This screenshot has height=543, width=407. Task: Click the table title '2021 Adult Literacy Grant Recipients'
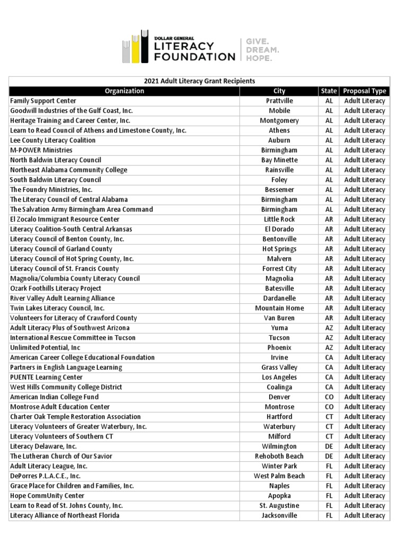coord(199,81)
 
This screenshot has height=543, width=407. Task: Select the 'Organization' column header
coord(125,91)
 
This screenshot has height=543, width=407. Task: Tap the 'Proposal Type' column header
coord(365,91)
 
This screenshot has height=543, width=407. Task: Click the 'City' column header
coord(279,91)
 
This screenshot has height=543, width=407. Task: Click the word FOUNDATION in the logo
coord(194,56)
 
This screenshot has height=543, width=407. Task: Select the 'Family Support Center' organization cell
coord(43,101)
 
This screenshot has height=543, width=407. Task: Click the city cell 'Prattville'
coord(279,101)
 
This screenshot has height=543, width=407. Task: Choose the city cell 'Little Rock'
coord(279,219)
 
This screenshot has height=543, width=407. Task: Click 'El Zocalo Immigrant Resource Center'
coord(65,219)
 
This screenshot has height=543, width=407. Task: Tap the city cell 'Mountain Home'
coord(279,308)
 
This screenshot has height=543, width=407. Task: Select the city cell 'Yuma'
coord(279,328)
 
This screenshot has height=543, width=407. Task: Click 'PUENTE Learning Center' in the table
coord(47,377)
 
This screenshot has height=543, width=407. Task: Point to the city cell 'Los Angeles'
coord(279,377)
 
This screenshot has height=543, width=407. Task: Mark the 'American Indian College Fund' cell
coord(55,397)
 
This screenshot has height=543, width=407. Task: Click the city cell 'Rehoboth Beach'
coord(279,456)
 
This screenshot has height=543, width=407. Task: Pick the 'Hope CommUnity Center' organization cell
coord(47,495)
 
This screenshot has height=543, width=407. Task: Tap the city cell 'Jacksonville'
coord(279,515)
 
